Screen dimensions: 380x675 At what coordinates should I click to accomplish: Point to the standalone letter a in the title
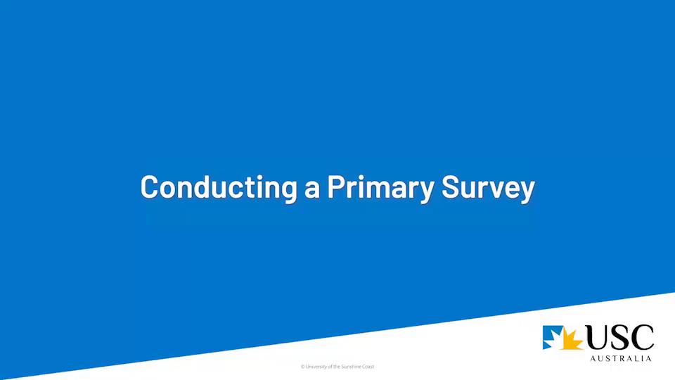(312, 189)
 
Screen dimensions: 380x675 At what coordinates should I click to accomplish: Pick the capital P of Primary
(336, 187)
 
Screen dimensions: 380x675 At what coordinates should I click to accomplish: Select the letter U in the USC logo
(600, 338)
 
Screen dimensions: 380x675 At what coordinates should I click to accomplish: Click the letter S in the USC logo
(623, 338)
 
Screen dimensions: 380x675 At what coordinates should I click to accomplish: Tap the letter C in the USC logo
(643, 338)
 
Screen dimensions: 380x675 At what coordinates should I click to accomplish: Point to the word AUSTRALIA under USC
(619, 358)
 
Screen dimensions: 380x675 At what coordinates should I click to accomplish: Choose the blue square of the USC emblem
(553, 337)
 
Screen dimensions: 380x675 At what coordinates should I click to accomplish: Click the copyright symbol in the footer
(302, 367)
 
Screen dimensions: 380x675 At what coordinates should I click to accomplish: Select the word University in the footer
(316, 367)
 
